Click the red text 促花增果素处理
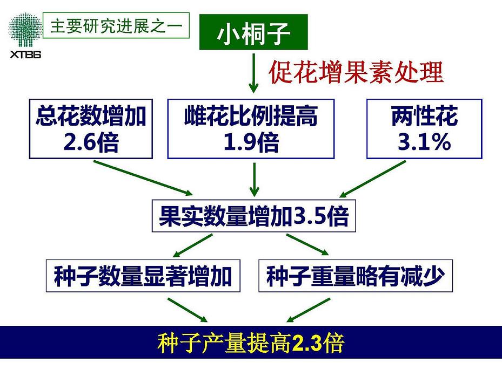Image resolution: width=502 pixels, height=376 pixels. (356, 72)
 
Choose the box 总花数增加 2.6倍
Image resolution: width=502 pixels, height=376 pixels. (91, 129)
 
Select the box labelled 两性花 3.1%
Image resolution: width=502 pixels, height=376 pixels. (424, 129)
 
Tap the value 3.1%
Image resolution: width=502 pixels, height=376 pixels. (424, 142)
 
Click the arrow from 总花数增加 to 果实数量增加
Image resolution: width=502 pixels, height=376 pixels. (143, 177)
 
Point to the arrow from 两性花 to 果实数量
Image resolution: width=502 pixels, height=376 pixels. (373, 179)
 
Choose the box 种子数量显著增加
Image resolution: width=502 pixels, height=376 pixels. (143, 277)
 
